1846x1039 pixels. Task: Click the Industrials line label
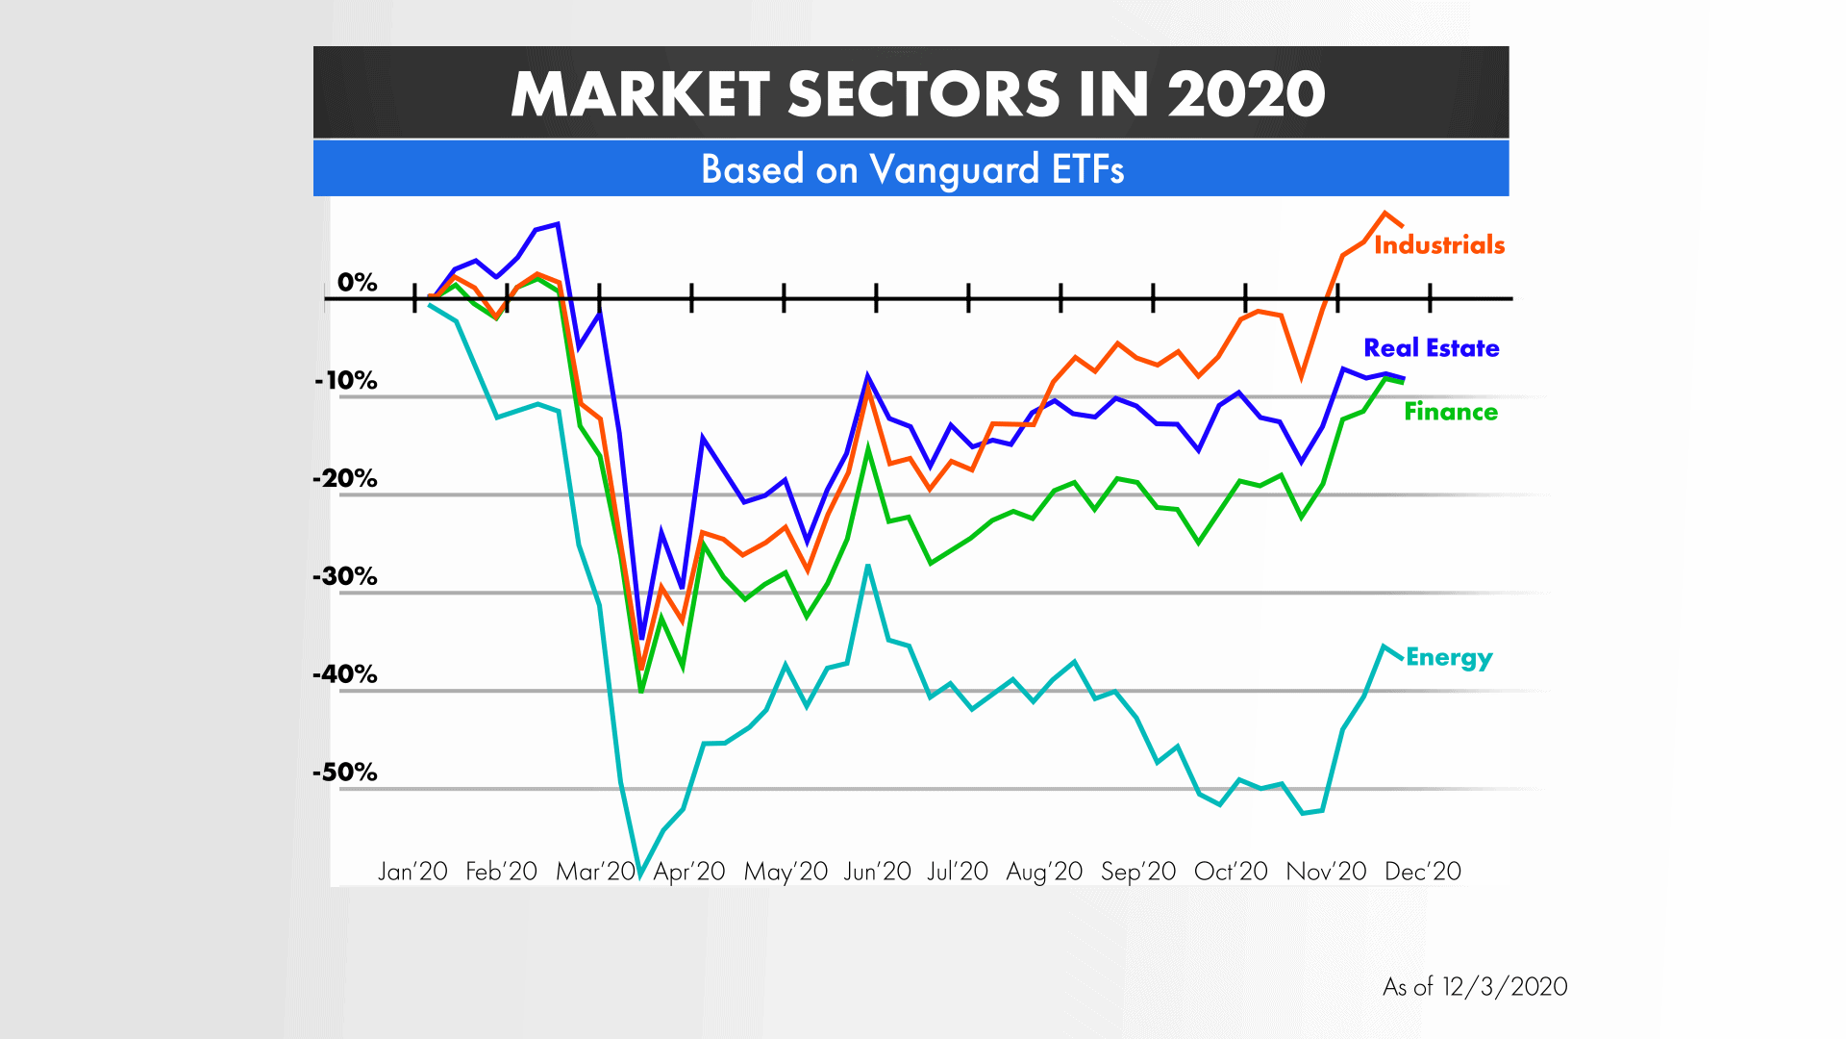tap(1438, 245)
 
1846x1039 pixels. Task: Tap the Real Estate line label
tap(1431, 348)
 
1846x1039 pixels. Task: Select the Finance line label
tap(1450, 412)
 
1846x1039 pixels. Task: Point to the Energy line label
tap(1448, 658)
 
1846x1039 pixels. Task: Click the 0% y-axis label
tap(357, 283)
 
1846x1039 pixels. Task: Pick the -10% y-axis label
tap(346, 381)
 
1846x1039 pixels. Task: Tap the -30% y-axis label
tap(345, 577)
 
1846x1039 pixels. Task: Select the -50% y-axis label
tap(345, 773)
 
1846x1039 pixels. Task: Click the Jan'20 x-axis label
tap(412, 872)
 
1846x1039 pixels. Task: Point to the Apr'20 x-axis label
tap(689, 872)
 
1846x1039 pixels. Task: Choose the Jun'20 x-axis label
tap(877, 872)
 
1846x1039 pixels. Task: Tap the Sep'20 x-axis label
tap(1138, 872)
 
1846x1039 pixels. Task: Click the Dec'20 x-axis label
tap(1423, 872)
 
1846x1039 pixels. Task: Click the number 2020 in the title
tap(1247, 94)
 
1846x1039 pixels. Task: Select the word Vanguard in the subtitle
tap(955, 170)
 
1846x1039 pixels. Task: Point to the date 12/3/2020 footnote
tap(1505, 987)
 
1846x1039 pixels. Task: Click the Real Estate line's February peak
tap(558, 224)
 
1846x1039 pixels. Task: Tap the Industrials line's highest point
tap(1385, 213)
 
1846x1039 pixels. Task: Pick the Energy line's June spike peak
tap(868, 566)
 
